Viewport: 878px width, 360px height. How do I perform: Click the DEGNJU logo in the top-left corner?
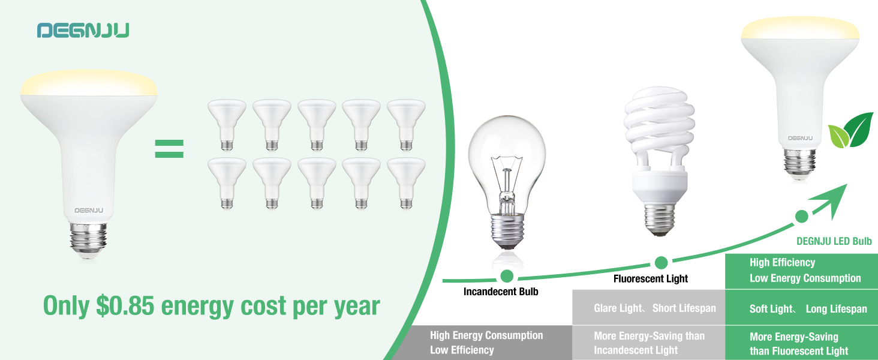83,31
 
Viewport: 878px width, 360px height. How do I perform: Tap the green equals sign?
169,148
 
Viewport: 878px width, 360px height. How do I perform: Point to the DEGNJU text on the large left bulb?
89,211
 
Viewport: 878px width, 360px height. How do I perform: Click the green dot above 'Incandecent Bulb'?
507,276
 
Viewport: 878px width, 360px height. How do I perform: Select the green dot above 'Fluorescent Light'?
661,262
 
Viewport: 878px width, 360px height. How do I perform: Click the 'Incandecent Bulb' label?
501,292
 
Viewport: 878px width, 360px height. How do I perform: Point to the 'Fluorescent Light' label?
651,278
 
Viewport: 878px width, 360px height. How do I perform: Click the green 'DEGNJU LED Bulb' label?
834,241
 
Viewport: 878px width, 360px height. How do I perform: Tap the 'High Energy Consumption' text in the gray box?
486,335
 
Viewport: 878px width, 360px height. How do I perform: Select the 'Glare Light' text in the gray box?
618,308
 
